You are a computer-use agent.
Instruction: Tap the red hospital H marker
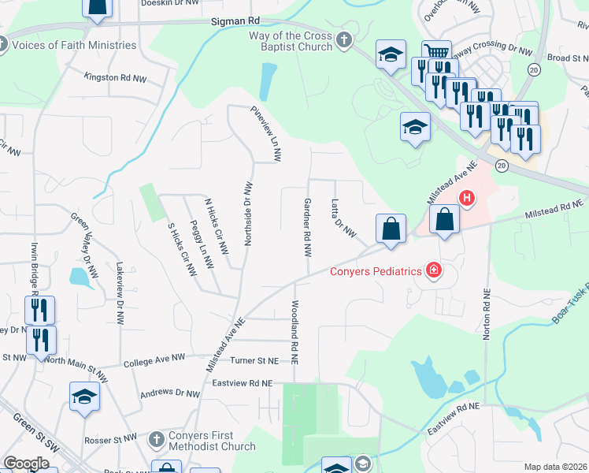(x=467, y=198)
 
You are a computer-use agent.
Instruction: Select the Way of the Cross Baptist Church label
(x=292, y=41)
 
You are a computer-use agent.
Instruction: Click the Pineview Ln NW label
(x=265, y=133)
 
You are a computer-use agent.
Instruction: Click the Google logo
(x=26, y=464)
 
